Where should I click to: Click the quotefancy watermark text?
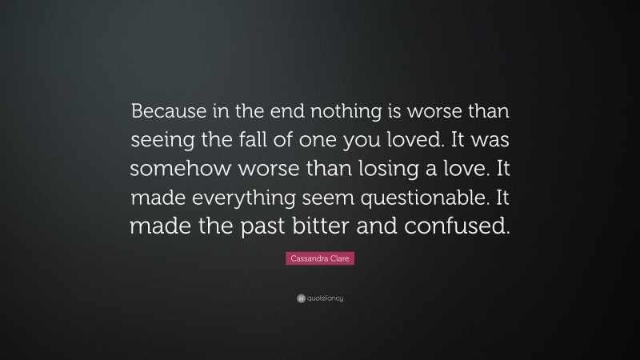(x=325, y=298)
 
